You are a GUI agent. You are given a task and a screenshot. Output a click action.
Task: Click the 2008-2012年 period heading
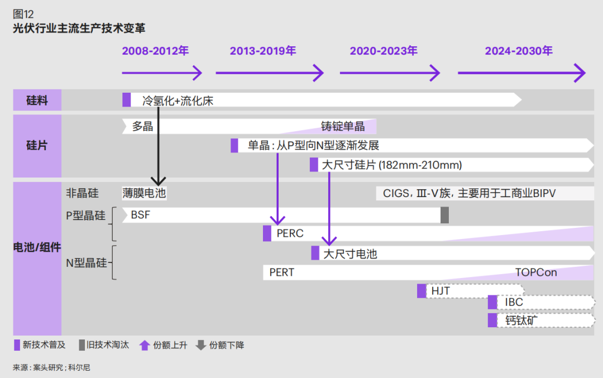coord(155,51)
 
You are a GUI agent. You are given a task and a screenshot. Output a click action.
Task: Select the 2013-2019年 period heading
coord(262,51)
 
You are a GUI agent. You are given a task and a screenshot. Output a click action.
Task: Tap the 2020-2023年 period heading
coord(384,51)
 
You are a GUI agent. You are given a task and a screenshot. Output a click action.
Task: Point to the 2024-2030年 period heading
coord(519,51)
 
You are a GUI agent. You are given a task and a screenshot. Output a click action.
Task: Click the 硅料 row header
coord(37,101)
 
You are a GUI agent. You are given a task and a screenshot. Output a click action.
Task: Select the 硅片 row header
coord(37,146)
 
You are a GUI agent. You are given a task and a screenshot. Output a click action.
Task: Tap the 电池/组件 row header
coord(37,247)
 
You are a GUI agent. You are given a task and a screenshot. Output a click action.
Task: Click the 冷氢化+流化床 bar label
coord(178,101)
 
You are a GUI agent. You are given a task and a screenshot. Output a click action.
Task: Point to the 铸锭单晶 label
coord(342,126)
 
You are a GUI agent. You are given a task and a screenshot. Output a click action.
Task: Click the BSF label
coord(140,215)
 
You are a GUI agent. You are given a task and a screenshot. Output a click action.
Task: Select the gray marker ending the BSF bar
coord(444,215)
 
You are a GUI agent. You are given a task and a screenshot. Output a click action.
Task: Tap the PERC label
coord(290,233)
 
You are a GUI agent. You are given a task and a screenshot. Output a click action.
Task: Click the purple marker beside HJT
coord(422,291)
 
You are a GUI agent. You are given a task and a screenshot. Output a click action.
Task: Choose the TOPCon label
coord(536,272)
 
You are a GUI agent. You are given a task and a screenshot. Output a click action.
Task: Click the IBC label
coord(514,303)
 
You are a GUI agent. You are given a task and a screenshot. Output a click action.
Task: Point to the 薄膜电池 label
coord(144,193)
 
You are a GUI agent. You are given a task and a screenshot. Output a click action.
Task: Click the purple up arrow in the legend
coord(145,345)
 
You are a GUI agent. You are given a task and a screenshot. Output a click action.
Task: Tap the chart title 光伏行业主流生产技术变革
coord(79,28)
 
